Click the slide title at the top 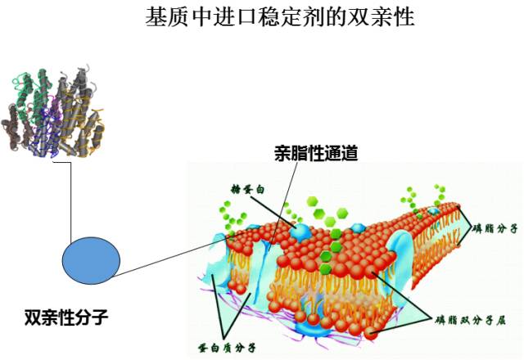279,17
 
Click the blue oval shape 92,259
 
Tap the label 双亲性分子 66,315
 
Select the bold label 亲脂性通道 316,152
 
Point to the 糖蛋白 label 250,189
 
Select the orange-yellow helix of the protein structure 91,131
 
